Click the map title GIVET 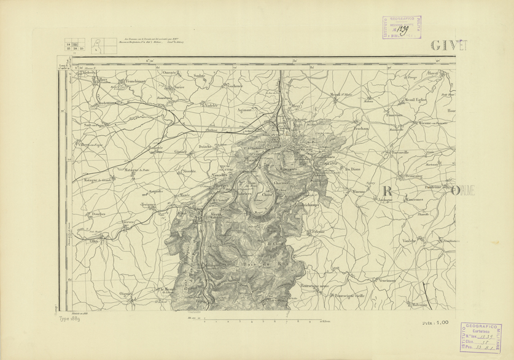[448, 45]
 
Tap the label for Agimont [246, 109]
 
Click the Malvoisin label [419, 305]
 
